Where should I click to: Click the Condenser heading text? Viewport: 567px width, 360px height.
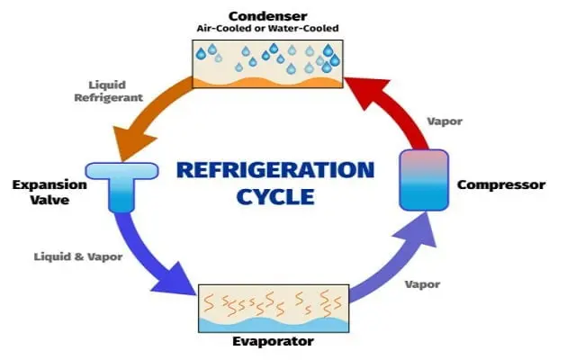[268, 16]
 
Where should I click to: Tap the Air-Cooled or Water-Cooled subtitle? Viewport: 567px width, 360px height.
[267, 28]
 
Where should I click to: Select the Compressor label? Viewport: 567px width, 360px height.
[501, 184]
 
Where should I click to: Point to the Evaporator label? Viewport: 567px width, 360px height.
[273, 341]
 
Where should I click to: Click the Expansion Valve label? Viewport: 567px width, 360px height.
[49, 193]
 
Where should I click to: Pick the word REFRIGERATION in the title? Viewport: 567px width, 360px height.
[275, 170]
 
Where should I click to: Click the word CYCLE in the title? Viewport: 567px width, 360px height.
[275, 197]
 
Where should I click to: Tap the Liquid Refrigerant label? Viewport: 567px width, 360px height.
[108, 92]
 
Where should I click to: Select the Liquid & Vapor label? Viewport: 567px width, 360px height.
[78, 257]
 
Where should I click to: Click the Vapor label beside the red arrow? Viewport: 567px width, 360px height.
[445, 121]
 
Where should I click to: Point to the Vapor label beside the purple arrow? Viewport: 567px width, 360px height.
[422, 284]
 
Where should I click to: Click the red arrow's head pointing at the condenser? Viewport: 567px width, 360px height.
[365, 92]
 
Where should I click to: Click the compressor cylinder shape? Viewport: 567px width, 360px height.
[424, 180]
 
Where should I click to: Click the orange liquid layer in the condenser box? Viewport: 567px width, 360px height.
[267, 83]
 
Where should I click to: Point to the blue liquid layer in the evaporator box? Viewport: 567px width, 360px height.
[274, 325]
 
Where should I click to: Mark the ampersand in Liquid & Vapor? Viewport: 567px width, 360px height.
[79, 257]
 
